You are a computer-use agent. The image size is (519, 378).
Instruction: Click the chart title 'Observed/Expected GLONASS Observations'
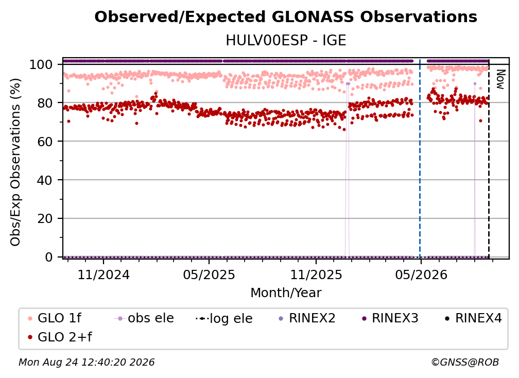[x=286, y=17]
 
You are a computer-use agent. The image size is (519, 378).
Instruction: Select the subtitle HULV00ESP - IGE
[x=286, y=41]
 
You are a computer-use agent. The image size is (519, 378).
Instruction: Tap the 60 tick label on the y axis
[x=45, y=141]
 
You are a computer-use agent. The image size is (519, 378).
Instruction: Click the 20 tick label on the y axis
[x=45, y=218]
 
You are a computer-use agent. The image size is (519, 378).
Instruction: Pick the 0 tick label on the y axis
[x=48, y=257]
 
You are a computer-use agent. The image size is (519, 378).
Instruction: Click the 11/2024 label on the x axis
[x=103, y=275]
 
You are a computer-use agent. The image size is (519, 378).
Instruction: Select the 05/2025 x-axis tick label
[x=209, y=275]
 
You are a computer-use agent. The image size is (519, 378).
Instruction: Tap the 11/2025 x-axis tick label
[x=316, y=275]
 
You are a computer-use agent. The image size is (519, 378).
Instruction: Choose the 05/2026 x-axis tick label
[x=421, y=275]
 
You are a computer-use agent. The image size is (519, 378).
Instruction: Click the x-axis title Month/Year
[x=286, y=293]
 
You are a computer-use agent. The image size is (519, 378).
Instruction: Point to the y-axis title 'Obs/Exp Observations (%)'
[x=15, y=162]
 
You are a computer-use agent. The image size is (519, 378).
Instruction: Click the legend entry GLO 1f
[x=55, y=318]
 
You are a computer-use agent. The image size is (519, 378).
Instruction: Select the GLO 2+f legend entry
[x=60, y=337]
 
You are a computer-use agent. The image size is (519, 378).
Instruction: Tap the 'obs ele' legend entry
[x=144, y=318]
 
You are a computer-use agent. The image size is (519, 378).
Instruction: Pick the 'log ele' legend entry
[x=224, y=319]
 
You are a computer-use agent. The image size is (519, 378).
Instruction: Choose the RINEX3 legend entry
[x=390, y=318]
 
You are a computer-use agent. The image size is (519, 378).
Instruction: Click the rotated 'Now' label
[x=500, y=79]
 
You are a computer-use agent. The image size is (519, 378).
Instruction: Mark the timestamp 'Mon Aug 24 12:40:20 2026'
[x=86, y=363]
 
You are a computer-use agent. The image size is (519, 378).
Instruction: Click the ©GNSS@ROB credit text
[x=465, y=363]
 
